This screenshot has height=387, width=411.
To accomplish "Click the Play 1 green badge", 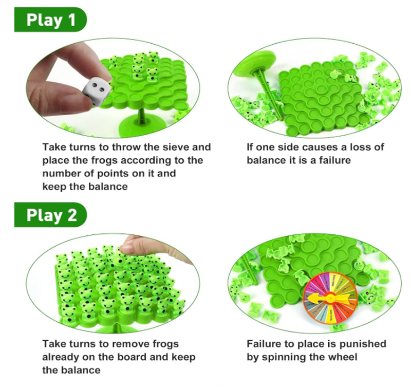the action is [x=50, y=20].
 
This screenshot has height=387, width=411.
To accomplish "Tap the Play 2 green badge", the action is [x=50, y=215].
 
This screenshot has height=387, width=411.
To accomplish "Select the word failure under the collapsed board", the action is [x=335, y=160].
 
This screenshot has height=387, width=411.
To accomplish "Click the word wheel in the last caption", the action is [x=344, y=357].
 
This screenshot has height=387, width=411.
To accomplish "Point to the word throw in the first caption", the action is [x=126, y=147].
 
